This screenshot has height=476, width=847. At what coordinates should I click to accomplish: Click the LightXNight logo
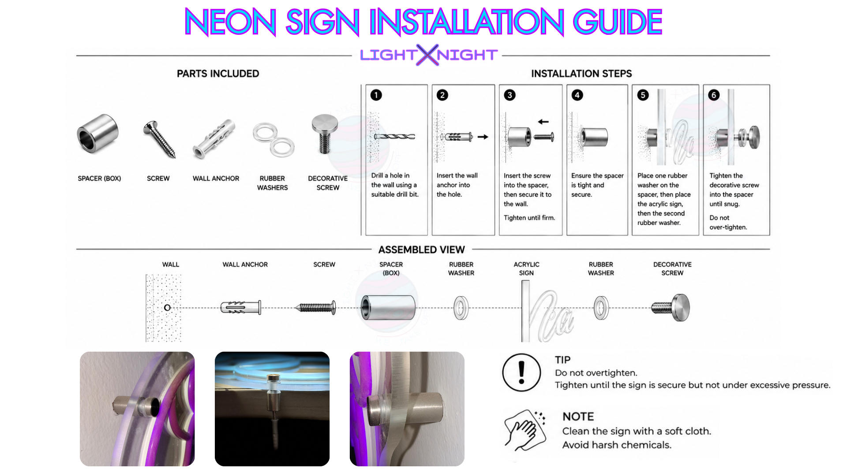coord(429,55)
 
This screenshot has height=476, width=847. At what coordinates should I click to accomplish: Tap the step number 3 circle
coord(510,95)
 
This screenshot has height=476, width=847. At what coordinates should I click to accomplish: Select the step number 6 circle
coord(714,95)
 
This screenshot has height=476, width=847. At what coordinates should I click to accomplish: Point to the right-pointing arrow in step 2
coord(483,137)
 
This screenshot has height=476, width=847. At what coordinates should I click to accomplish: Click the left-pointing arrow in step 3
coord(543,122)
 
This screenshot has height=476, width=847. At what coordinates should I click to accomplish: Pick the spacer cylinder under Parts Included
coord(98,134)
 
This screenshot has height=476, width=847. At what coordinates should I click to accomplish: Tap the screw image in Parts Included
coord(159,139)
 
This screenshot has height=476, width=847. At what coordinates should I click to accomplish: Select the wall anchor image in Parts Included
coord(214,138)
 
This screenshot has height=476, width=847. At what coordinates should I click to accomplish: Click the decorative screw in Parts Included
coord(325,134)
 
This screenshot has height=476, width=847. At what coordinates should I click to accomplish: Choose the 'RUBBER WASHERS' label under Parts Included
coord(272,183)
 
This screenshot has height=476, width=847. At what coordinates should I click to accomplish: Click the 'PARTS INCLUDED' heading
coord(218,74)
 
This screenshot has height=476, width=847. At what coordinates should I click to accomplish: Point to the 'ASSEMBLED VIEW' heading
coord(421,250)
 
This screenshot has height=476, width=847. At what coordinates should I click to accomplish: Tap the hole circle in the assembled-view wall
coord(167,308)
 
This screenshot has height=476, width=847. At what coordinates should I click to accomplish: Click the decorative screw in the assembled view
coord(671,307)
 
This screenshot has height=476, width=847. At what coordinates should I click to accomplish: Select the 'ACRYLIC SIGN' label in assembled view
coord(526,269)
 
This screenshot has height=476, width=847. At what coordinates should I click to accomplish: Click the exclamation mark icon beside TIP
coord(521,372)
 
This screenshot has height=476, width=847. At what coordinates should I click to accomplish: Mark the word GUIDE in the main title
coord(617,22)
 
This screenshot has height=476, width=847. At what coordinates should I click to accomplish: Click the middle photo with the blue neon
coord(272,409)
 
